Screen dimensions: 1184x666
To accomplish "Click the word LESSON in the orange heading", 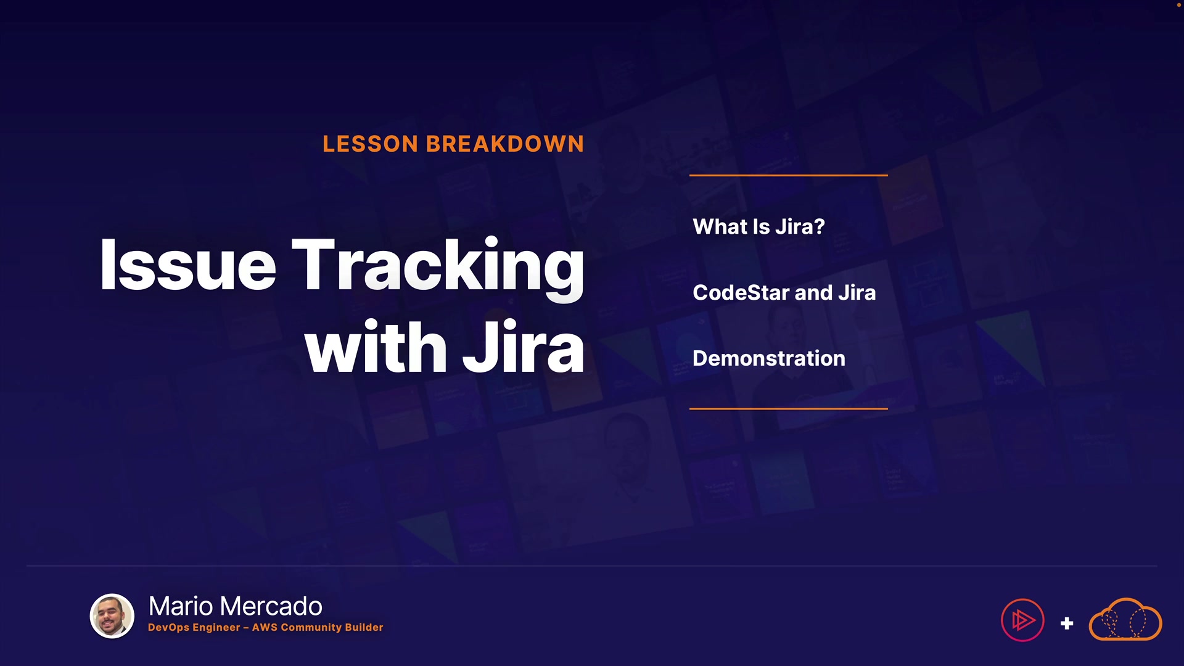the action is (x=371, y=144).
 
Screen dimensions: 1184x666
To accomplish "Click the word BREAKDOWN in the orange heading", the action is (x=505, y=144).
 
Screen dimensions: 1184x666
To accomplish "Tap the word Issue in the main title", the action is (x=188, y=265).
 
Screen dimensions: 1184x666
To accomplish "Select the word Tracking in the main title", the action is (x=438, y=269).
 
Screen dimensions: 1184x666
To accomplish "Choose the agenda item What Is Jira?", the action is (x=758, y=227).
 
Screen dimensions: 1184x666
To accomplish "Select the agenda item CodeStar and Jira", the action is (x=784, y=293).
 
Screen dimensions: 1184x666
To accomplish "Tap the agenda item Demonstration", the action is (x=769, y=359).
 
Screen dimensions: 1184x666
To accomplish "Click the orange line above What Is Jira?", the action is (x=789, y=175).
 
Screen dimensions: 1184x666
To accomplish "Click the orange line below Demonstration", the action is (x=789, y=408).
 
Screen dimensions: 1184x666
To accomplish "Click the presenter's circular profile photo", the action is (x=112, y=616).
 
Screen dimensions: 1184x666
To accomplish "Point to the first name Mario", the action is (x=181, y=607).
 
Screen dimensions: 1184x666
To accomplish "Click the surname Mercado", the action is (x=271, y=607).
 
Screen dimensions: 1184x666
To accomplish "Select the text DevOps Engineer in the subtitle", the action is (x=194, y=628).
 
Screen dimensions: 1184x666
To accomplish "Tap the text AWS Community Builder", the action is (x=318, y=628).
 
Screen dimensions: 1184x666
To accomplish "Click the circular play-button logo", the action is (x=1022, y=620).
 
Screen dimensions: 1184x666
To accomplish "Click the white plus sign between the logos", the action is (x=1067, y=623).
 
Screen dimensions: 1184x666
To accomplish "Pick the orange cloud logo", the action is (x=1125, y=619).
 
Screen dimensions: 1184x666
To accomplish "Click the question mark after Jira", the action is (x=820, y=227).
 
